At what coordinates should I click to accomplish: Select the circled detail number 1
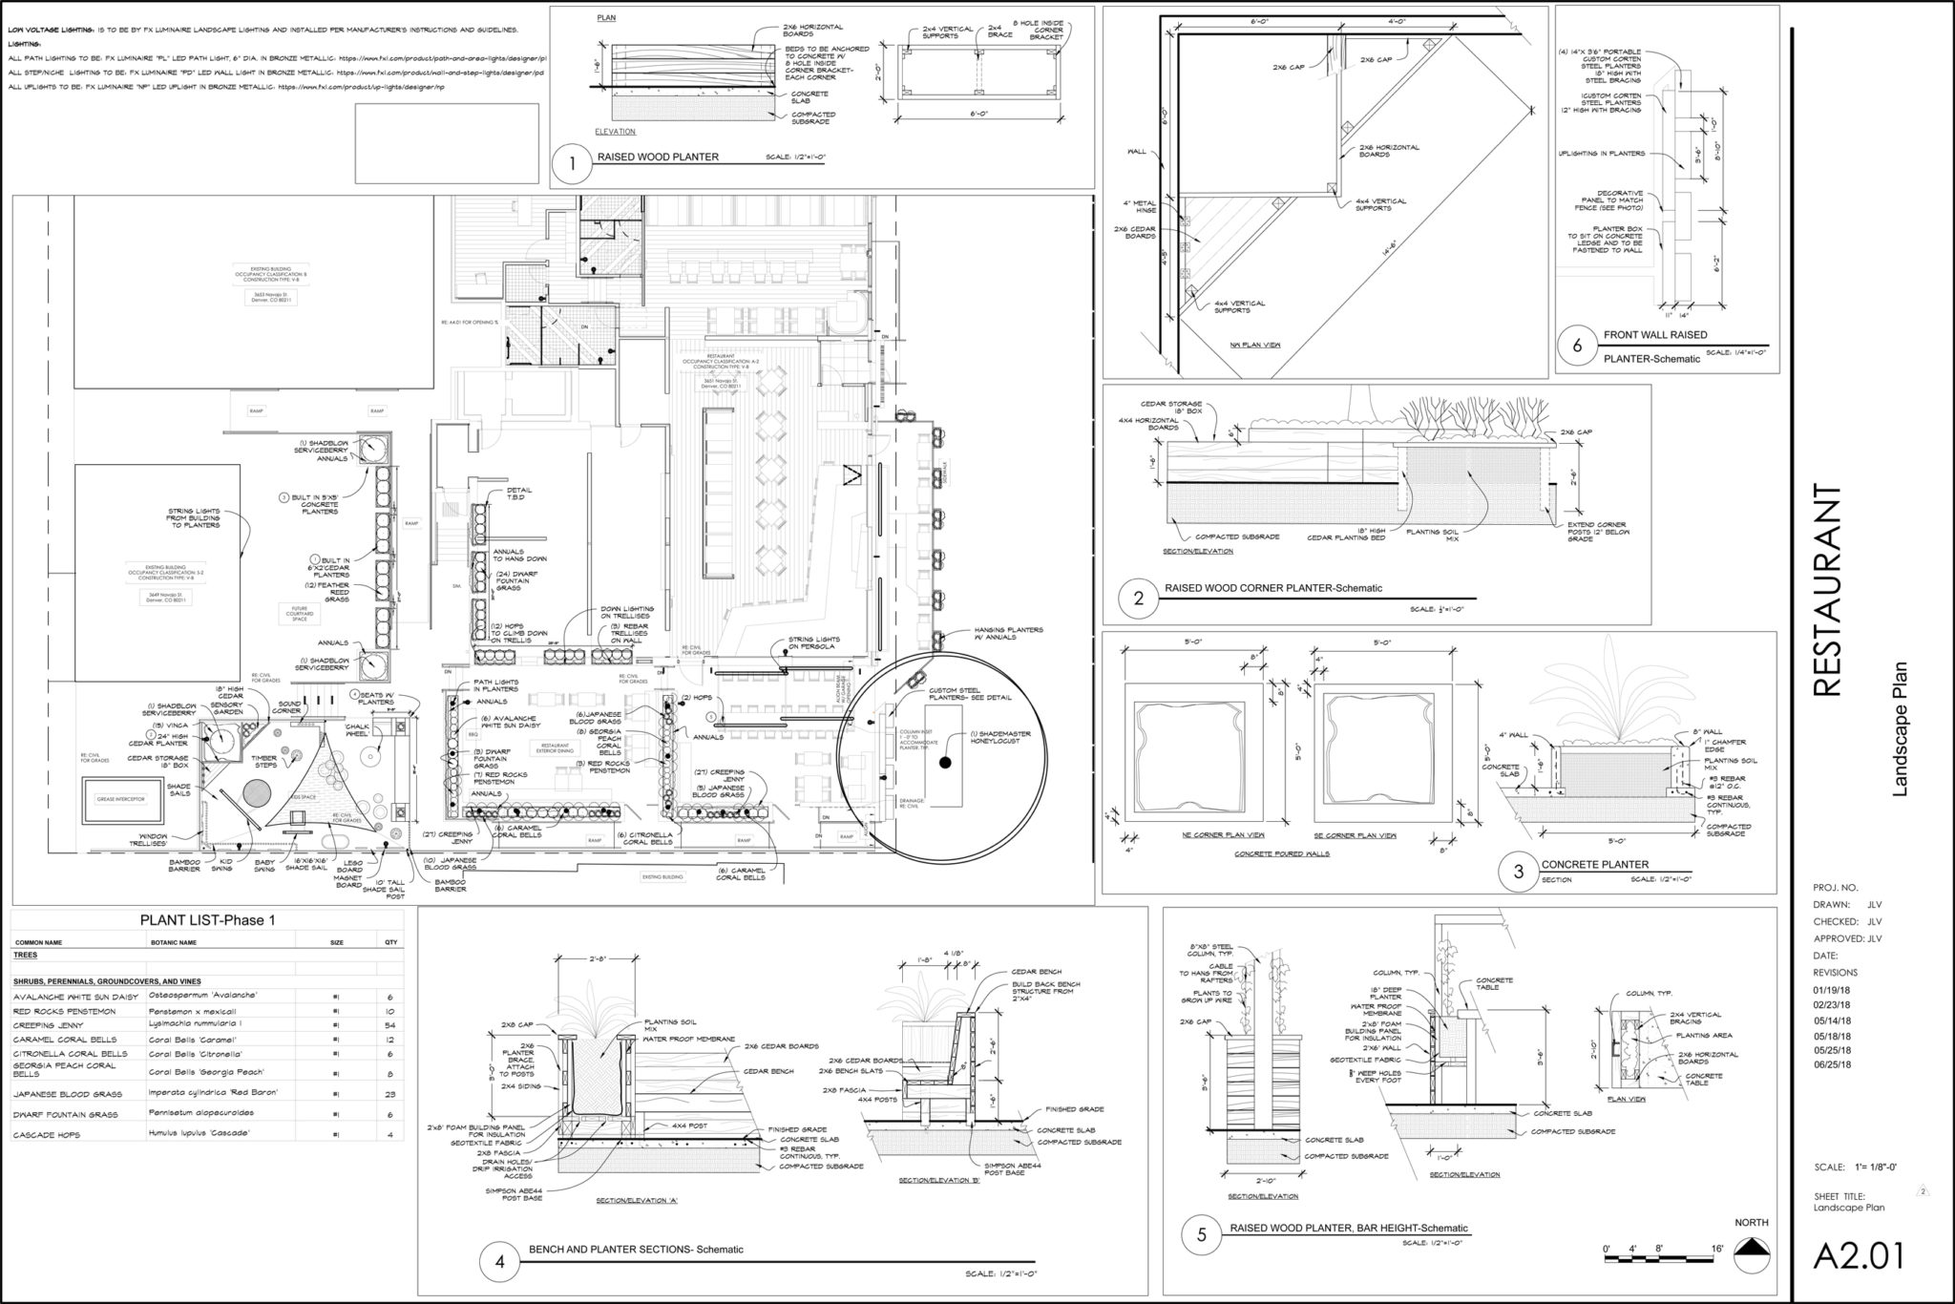[572, 163]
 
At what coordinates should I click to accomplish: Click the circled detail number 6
[1577, 346]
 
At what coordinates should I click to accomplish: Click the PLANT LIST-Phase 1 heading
[207, 920]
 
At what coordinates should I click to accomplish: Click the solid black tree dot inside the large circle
[945, 763]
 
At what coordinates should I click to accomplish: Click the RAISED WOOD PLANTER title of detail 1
[658, 158]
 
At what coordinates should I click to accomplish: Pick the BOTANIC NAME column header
[173, 942]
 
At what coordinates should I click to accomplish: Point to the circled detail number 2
[1138, 599]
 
